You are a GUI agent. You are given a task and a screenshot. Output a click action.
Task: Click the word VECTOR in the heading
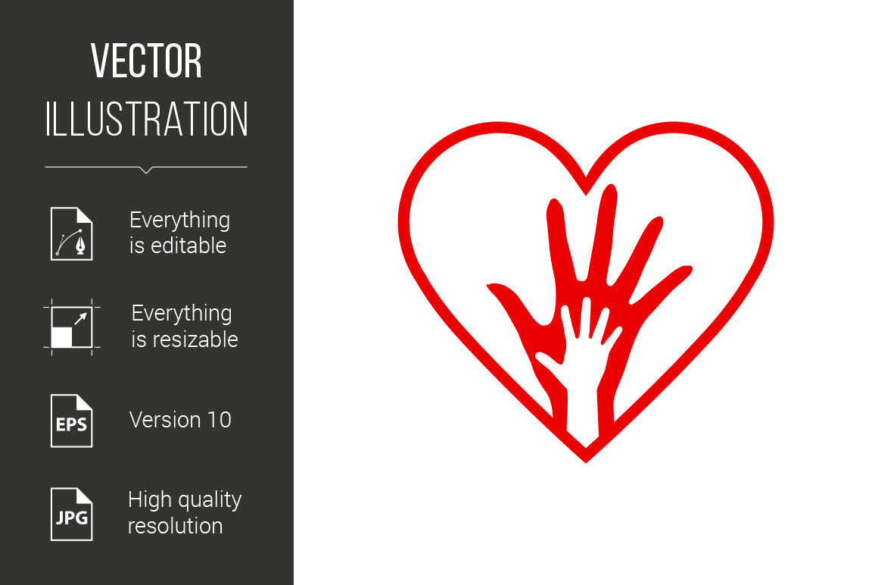146,61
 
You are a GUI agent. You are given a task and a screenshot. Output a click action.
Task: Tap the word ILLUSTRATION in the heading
146,119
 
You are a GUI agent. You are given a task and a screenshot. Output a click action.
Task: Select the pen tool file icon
72,233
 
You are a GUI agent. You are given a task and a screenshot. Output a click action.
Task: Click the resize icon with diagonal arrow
72,327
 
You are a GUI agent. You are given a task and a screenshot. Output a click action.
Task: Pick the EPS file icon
72,421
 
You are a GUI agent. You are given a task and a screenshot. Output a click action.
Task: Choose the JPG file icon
72,515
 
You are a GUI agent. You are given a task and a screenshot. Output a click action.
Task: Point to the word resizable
195,339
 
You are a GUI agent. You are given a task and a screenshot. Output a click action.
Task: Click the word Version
165,420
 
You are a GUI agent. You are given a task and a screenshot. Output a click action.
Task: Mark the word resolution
176,526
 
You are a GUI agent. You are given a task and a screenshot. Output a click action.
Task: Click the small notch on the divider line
146,170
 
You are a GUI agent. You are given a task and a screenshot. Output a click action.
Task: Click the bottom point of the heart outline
586,461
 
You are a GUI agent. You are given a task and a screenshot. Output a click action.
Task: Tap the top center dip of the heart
586,193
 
